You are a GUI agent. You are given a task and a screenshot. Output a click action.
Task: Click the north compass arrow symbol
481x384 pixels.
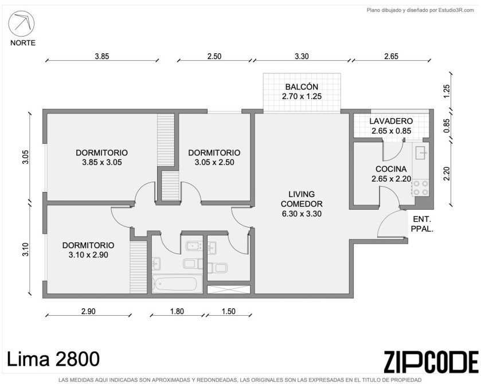point(21,23)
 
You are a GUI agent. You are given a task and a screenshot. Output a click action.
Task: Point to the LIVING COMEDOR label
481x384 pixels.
point(302,204)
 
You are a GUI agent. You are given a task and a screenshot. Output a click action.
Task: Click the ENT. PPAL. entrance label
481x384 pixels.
point(422,224)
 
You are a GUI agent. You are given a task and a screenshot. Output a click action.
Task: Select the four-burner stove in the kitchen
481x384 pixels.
point(421,188)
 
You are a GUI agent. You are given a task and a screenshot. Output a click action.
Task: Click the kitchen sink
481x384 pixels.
point(421,153)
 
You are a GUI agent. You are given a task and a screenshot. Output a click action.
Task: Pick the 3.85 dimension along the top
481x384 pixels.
point(102,56)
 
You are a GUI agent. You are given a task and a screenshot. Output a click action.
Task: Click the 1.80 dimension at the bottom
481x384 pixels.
point(177,311)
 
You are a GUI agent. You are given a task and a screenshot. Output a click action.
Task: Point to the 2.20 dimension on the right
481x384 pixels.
point(447,174)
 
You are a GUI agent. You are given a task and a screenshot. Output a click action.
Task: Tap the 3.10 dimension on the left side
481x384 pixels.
point(25,249)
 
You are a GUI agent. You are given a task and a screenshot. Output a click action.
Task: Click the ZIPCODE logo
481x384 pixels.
point(431,362)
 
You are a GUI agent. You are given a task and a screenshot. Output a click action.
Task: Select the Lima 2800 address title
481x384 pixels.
point(53,359)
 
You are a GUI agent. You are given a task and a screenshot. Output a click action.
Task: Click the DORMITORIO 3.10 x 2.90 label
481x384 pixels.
point(88,250)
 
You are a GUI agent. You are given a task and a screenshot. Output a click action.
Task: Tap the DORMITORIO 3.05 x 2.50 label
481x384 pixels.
point(214,158)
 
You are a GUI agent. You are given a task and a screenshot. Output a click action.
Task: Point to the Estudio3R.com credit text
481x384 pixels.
point(420,10)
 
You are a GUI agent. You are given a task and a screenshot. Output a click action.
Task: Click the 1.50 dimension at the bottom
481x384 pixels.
point(229,311)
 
